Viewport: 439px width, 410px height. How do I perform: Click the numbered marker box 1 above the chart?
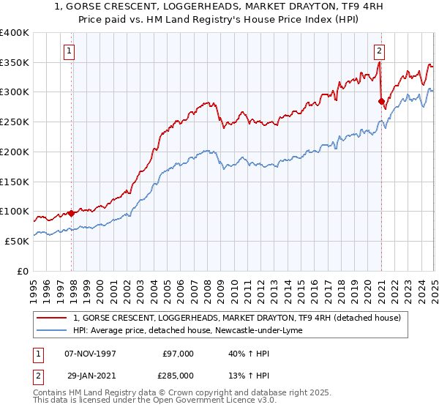click(x=69, y=51)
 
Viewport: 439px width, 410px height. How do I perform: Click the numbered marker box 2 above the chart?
click(x=380, y=51)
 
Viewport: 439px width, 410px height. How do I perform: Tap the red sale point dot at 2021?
click(x=381, y=101)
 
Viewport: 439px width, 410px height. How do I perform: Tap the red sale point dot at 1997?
click(x=72, y=213)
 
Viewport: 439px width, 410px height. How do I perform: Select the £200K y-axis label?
click(x=15, y=152)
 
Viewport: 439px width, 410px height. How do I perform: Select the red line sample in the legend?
click(x=52, y=318)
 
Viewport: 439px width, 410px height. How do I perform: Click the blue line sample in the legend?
click(x=52, y=331)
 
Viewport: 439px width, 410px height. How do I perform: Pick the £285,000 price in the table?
click(x=178, y=376)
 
